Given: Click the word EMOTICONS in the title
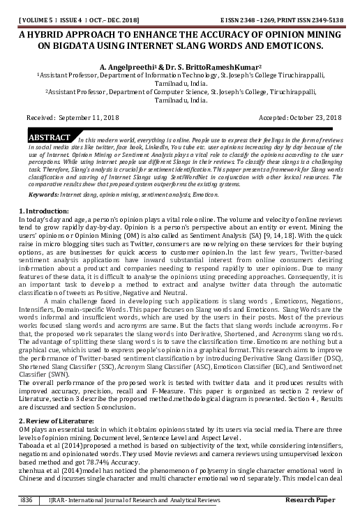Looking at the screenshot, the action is click(293, 46).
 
